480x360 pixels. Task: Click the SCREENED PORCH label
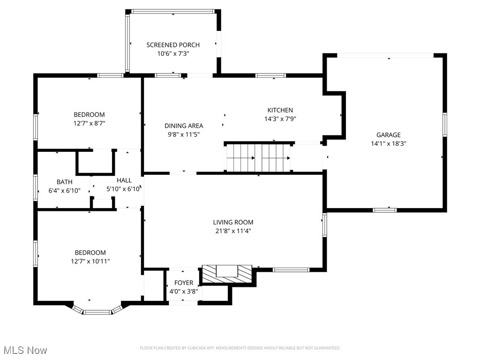click(173, 45)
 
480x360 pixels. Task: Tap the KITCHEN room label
click(280, 110)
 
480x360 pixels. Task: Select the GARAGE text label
click(388, 135)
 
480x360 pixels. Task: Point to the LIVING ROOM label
click(233, 222)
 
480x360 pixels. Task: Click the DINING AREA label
click(184, 126)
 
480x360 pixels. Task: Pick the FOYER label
click(184, 283)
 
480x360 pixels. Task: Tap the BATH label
click(65, 182)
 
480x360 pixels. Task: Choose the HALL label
click(124, 180)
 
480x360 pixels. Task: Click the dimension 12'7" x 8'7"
click(89, 123)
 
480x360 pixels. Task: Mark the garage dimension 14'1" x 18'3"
click(388, 144)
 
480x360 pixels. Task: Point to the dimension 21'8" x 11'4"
click(233, 231)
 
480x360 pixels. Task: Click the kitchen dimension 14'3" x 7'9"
click(280, 119)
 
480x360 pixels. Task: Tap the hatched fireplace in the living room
click(227, 274)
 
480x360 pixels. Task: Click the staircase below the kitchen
click(258, 158)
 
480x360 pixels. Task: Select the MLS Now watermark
click(25, 350)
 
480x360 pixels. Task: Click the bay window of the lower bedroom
click(97, 311)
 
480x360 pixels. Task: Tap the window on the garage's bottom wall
click(384, 210)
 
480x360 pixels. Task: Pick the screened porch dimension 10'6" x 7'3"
click(173, 54)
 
